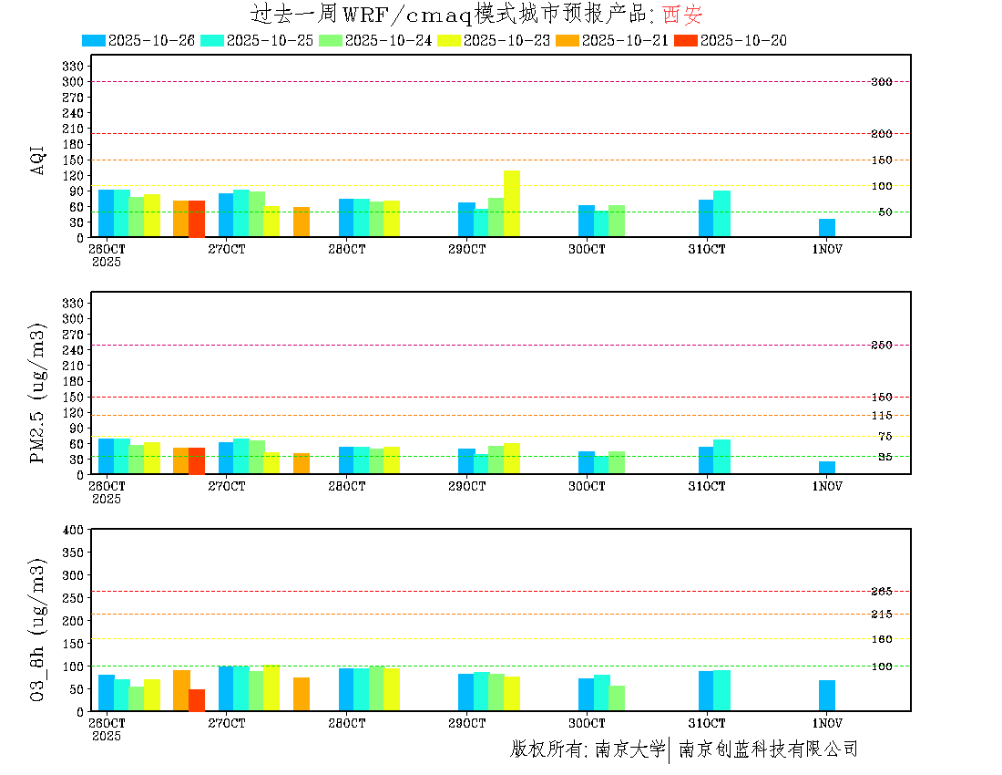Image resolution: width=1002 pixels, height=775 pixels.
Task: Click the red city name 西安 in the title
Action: [x=682, y=15]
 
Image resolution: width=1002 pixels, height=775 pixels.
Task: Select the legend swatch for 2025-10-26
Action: [x=94, y=40]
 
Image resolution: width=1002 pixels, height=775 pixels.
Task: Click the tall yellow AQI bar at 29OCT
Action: [x=512, y=203]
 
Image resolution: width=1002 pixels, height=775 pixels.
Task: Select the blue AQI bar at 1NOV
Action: [x=827, y=227]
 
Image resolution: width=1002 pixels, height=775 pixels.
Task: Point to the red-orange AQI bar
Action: [x=197, y=219]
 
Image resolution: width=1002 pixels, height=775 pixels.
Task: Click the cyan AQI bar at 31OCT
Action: [x=721, y=213]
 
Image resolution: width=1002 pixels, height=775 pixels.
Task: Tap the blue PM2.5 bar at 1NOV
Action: [x=827, y=467]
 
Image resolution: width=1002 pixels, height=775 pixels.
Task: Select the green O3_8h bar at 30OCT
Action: [x=617, y=698]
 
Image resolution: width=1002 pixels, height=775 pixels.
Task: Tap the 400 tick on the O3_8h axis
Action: [x=73, y=530]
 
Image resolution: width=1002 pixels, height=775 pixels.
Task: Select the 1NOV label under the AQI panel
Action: [x=827, y=249]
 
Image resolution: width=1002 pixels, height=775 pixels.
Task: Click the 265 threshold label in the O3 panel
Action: [x=881, y=592]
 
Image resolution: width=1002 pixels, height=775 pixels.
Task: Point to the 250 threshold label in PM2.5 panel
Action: [x=881, y=345]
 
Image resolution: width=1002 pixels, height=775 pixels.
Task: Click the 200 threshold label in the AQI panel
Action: [x=881, y=134]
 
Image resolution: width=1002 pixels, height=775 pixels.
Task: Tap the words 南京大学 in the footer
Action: [x=630, y=749]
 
